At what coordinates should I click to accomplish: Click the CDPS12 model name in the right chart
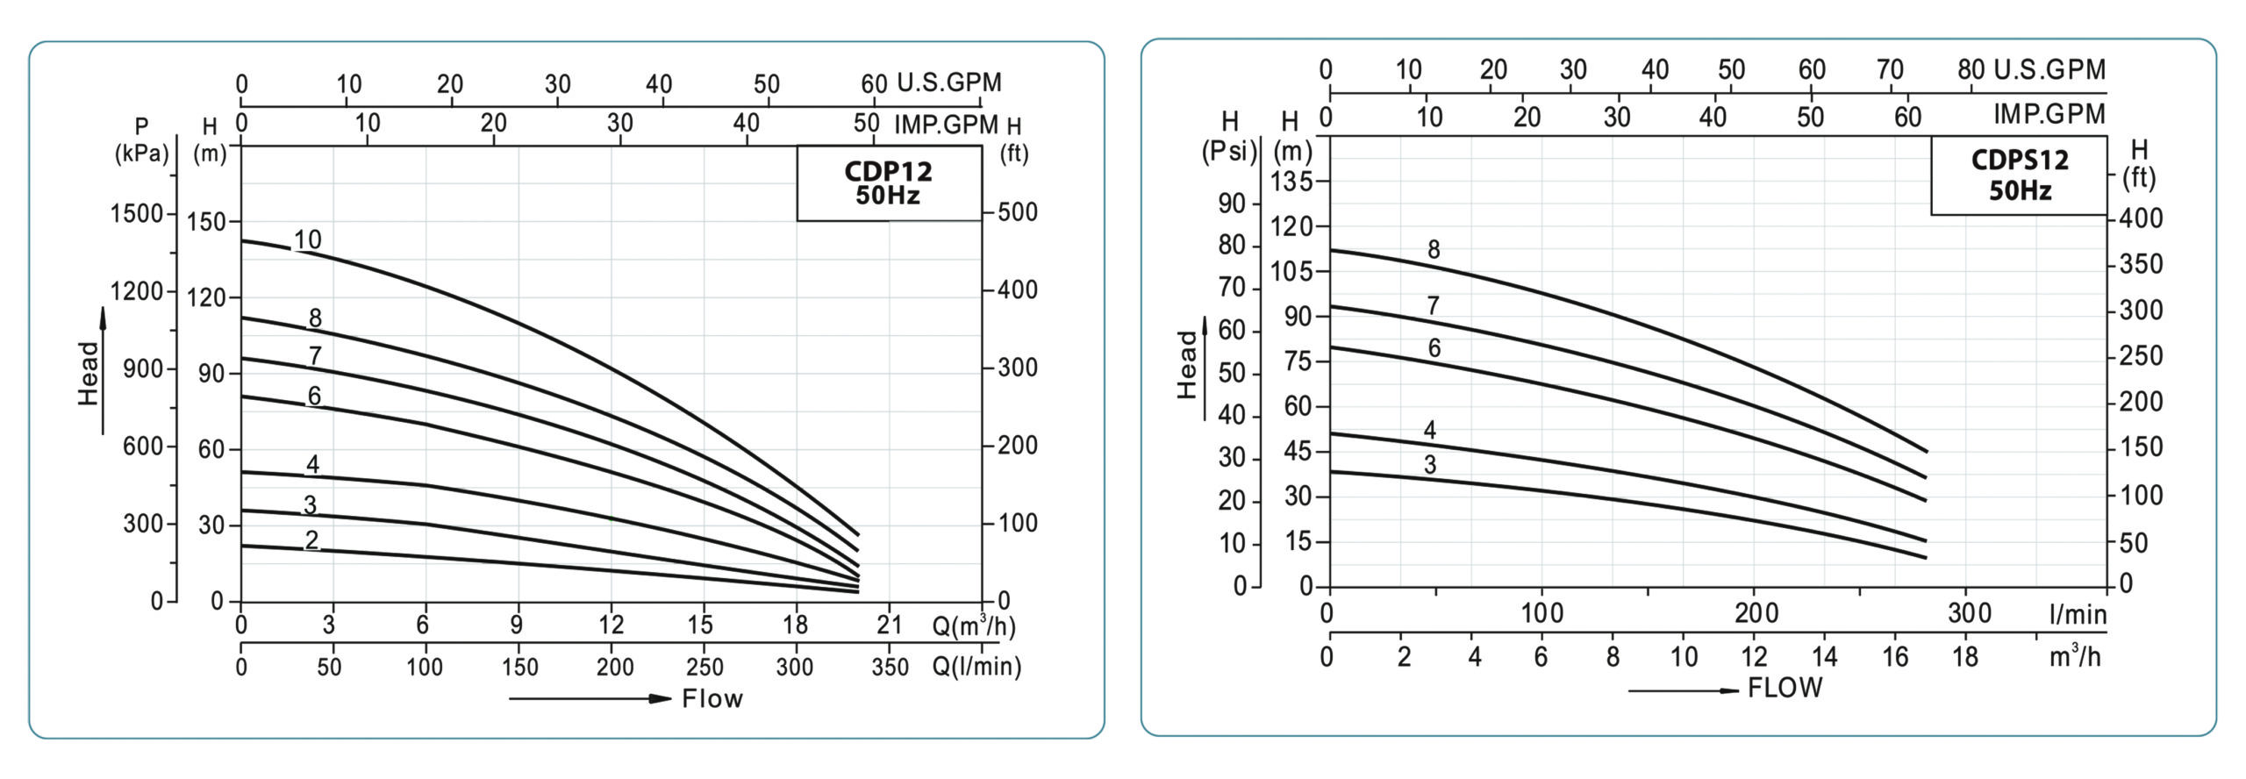[2019, 160]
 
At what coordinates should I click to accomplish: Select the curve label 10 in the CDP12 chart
[307, 239]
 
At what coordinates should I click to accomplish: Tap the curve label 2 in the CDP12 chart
[311, 540]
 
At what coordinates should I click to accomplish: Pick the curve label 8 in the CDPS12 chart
[1434, 250]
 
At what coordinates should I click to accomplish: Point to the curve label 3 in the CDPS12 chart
[1430, 465]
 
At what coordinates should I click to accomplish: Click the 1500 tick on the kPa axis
[137, 214]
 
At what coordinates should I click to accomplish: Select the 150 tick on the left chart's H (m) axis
[207, 222]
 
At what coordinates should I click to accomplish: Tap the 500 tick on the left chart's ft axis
[1018, 212]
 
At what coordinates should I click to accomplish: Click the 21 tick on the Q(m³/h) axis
[890, 625]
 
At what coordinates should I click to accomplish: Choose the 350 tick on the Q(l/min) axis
[890, 667]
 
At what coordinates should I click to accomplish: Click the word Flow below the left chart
[712, 699]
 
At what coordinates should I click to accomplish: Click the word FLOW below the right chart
[1785, 688]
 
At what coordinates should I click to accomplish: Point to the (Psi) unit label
[1229, 152]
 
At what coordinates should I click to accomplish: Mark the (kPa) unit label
[141, 154]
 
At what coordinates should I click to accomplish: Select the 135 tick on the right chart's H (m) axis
[1291, 182]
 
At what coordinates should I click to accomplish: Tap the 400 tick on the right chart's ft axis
[2141, 218]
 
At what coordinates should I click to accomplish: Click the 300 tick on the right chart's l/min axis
[1969, 613]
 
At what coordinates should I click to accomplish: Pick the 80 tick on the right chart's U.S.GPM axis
[1971, 69]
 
